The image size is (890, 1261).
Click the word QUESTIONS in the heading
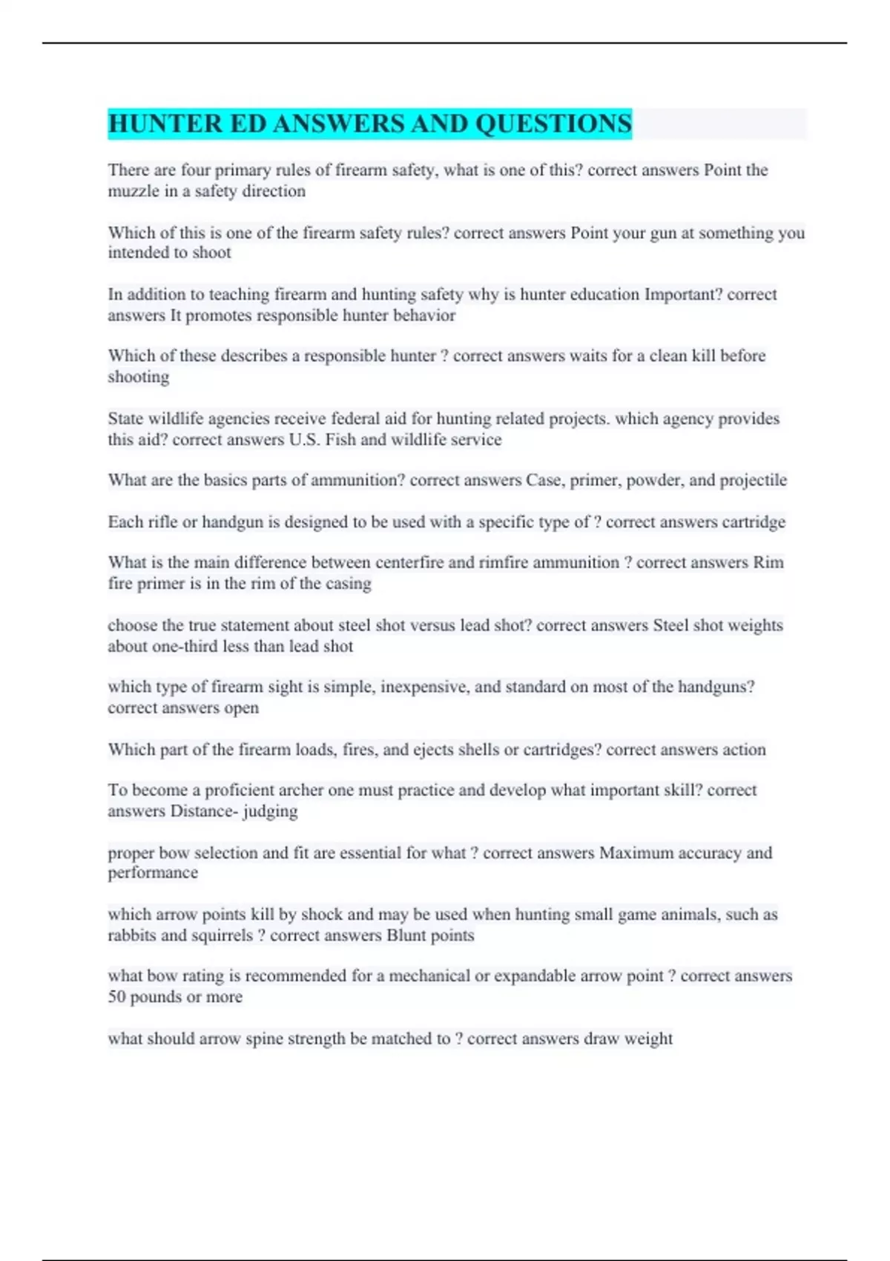(x=553, y=124)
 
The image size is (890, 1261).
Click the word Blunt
(x=406, y=935)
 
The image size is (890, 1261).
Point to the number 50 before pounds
(x=116, y=997)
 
